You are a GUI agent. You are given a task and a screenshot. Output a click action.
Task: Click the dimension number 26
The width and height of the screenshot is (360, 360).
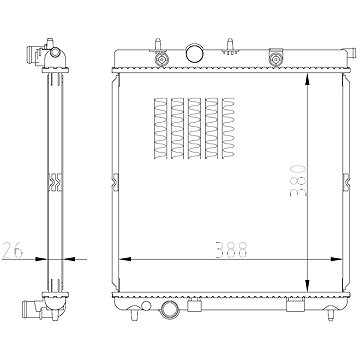tap(13, 250)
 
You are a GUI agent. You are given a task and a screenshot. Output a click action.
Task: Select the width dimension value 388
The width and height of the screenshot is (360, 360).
tap(231, 250)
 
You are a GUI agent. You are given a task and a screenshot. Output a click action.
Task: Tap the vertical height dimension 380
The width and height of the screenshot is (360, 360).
tap(298, 180)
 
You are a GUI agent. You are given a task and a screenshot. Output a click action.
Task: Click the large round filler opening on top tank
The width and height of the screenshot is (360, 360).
tap(195, 53)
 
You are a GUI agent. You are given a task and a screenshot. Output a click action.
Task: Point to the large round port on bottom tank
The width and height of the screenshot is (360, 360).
tap(170, 309)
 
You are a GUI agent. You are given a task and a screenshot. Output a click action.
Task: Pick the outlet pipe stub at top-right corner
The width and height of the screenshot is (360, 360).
tap(350, 53)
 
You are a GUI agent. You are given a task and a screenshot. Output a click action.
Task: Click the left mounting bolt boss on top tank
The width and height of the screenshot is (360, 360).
tap(162, 59)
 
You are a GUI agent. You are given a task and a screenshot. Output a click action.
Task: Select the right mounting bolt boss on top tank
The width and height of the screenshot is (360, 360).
tap(276, 59)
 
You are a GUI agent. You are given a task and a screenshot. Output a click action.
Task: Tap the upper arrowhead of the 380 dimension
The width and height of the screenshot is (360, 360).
tap(307, 79)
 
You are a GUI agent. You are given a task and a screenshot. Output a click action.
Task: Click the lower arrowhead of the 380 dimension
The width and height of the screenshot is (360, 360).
tap(307, 286)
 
